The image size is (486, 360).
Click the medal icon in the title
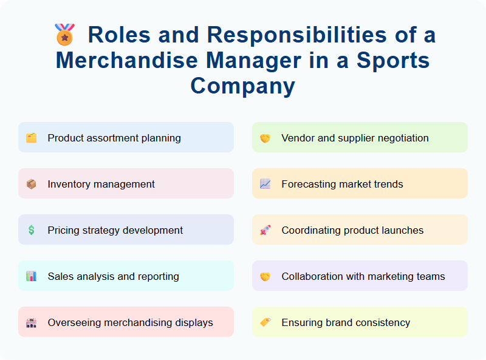tap(64, 35)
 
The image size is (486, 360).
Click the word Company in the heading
tap(242, 86)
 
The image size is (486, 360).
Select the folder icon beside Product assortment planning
tap(31, 138)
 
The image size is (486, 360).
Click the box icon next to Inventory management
tap(31, 184)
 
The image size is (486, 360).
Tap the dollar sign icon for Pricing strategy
tap(31, 230)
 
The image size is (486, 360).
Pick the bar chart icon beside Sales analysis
tap(31, 276)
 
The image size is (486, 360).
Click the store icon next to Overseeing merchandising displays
tap(31, 322)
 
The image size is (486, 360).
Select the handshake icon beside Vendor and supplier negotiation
tap(265, 138)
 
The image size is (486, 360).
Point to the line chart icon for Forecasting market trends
tap(265, 184)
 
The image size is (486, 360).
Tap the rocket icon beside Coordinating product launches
tap(265, 230)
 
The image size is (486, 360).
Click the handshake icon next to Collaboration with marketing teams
tap(265, 276)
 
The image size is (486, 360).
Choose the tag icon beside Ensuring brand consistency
tap(265, 322)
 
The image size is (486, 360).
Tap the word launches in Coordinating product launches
tap(402, 230)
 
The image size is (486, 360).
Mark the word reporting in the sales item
tap(157, 276)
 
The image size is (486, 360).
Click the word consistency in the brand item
tap(380, 322)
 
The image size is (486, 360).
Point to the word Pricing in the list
tap(63, 230)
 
